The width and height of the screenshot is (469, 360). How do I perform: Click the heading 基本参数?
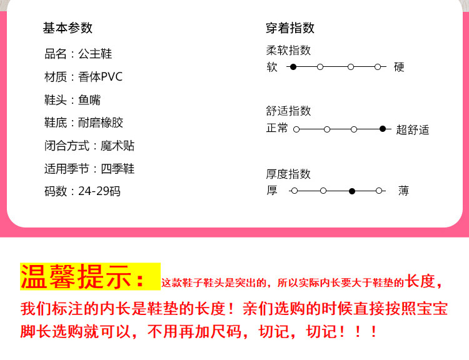(x=68, y=28)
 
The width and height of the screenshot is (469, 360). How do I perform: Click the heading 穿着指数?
(x=290, y=28)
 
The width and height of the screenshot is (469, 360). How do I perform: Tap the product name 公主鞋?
(x=95, y=54)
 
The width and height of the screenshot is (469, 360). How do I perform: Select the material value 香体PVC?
(x=101, y=77)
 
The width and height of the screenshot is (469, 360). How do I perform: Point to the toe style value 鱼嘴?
(x=89, y=100)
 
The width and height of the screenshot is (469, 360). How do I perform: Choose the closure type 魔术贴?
(x=118, y=146)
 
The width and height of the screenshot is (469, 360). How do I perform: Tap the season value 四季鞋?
(x=118, y=169)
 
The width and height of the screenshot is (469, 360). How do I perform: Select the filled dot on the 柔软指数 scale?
(x=293, y=66)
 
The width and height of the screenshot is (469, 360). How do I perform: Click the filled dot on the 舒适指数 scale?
(x=383, y=129)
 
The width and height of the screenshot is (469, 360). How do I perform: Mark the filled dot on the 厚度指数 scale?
(x=352, y=191)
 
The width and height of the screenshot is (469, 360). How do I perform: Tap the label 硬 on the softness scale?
(x=399, y=67)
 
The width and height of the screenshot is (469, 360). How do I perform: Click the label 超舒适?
(x=413, y=130)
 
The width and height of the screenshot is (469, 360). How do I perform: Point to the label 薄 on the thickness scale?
(x=403, y=191)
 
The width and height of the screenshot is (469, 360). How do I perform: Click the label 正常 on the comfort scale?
(x=278, y=128)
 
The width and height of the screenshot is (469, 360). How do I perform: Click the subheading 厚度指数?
(x=288, y=174)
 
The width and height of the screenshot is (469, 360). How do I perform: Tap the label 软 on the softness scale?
(x=272, y=67)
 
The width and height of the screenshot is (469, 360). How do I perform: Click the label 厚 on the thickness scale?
(x=272, y=191)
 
